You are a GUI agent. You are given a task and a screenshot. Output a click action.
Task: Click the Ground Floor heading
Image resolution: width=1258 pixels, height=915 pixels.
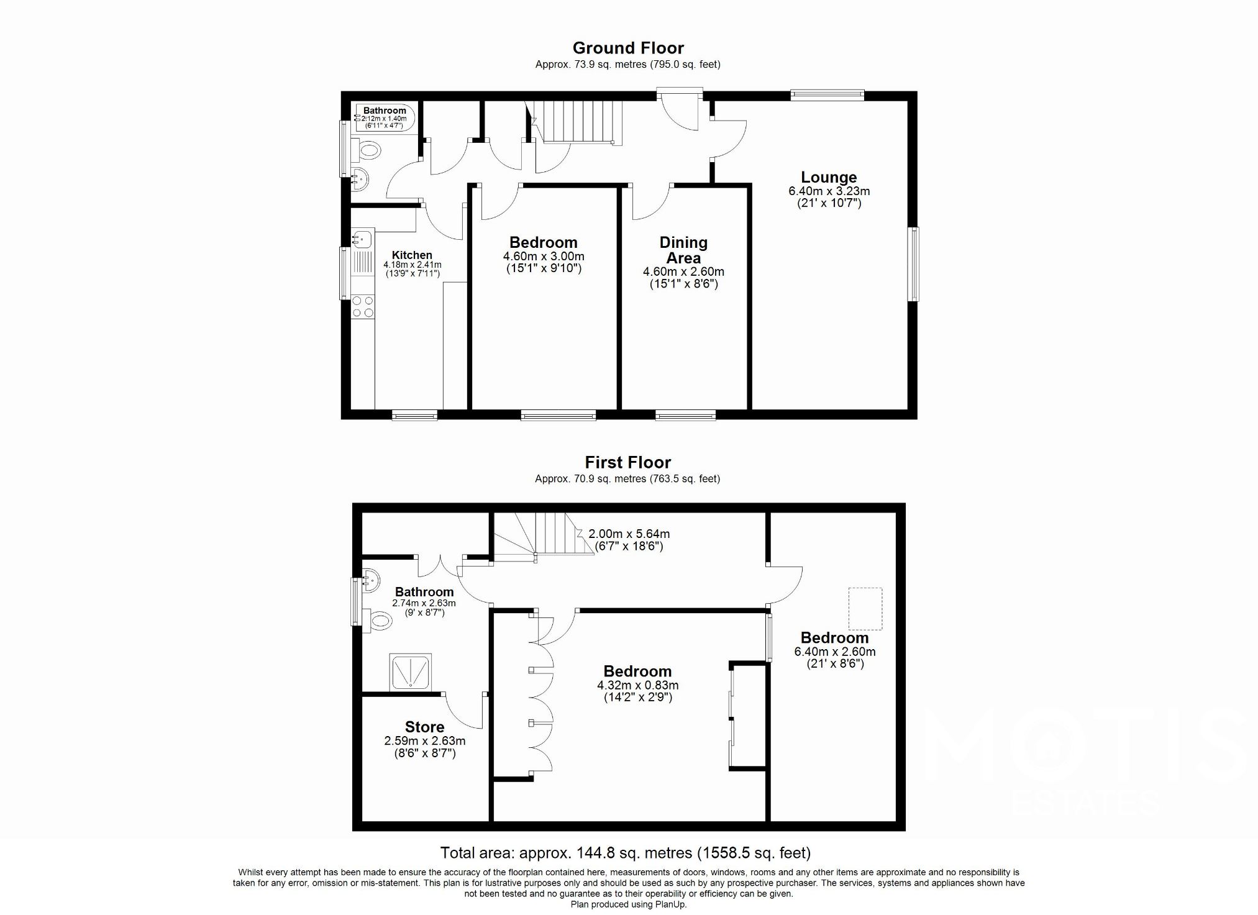pyautogui.click(x=627, y=48)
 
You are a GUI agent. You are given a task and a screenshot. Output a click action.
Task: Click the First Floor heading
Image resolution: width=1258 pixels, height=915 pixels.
pyautogui.click(x=627, y=462)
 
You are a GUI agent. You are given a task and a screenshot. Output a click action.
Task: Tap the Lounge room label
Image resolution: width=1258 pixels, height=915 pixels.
pyautogui.click(x=829, y=177)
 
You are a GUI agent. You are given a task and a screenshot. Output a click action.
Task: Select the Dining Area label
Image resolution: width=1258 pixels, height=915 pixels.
pyautogui.click(x=683, y=250)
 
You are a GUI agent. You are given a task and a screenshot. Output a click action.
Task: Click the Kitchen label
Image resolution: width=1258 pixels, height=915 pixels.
pyautogui.click(x=412, y=255)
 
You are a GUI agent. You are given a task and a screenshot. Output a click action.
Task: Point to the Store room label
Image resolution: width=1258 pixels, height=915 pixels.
pyautogui.click(x=424, y=727)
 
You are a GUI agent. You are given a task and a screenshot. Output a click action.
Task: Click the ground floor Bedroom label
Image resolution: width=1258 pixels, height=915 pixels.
pyautogui.click(x=543, y=242)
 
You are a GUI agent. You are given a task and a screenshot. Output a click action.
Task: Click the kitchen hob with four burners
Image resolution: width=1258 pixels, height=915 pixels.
pyautogui.click(x=363, y=307)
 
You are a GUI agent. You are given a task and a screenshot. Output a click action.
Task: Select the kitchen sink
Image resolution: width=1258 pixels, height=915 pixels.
pyautogui.click(x=362, y=238)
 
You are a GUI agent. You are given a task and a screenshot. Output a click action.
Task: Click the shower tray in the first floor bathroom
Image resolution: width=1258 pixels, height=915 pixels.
pyautogui.click(x=410, y=671)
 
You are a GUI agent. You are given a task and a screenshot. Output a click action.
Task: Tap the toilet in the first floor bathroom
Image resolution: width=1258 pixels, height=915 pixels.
pyautogui.click(x=377, y=620)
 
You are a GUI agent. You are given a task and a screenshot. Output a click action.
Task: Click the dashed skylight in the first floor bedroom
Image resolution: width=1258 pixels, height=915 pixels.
pyautogui.click(x=865, y=608)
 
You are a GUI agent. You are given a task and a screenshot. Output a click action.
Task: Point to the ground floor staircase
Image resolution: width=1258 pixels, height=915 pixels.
pyautogui.click(x=578, y=121)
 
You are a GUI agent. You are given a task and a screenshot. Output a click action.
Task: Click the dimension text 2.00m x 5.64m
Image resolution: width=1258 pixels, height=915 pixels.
pyautogui.click(x=629, y=534)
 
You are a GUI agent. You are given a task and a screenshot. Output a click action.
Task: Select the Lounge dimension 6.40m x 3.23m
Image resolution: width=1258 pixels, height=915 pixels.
pyautogui.click(x=829, y=191)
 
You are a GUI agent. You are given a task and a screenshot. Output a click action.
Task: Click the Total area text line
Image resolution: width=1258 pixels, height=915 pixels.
pyautogui.click(x=625, y=853)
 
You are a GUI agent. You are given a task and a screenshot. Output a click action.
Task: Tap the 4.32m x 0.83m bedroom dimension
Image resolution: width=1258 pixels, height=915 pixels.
pyautogui.click(x=637, y=685)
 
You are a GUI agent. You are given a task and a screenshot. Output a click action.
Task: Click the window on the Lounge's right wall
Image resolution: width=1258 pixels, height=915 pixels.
pyautogui.click(x=914, y=264)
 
